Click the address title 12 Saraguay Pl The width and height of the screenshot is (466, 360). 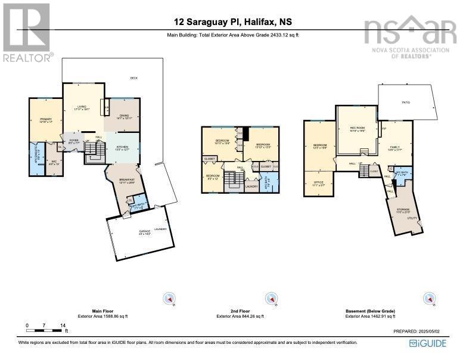pyautogui.click(x=232, y=23)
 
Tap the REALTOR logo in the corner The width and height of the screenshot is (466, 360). pyautogui.click(x=27, y=33)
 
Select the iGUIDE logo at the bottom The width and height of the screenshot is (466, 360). pyautogui.click(x=430, y=343)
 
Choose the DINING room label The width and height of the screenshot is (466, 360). pyautogui.click(x=124, y=116)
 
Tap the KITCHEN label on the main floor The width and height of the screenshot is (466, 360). pyautogui.click(x=122, y=147)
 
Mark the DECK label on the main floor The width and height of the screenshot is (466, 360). pyautogui.click(x=135, y=79)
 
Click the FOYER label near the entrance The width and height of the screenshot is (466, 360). pyautogui.click(x=74, y=141)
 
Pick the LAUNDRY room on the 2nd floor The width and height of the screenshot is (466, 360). pyautogui.click(x=251, y=187)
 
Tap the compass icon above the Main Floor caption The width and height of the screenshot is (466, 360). pyautogui.click(x=169, y=299)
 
